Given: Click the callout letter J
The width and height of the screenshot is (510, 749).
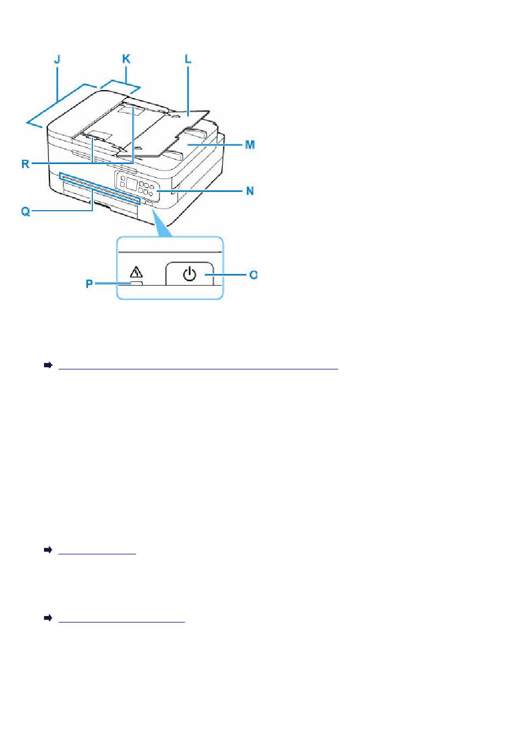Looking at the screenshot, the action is pos(57,60).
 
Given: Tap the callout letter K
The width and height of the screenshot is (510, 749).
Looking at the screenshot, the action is pos(126,59).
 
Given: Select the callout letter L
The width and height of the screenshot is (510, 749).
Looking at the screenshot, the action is pos(188,59).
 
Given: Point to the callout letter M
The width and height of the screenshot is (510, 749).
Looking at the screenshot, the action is pos(250,144).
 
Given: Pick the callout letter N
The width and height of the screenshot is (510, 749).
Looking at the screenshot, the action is pos(250,191).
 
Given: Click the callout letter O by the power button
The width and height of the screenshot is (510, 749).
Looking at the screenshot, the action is pos(253,275).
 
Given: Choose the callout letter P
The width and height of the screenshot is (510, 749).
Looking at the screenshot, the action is pos(89,284).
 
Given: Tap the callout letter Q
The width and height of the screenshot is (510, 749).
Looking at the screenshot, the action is pos(25,211).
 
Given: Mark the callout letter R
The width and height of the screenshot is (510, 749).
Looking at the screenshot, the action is pos(25,164).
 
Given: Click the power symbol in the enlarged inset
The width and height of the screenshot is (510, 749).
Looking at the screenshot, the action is pos(189,274).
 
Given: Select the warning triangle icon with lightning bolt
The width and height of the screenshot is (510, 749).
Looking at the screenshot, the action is pos(136,272).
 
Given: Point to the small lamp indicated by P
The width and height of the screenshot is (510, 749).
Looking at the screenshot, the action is pos(136,283).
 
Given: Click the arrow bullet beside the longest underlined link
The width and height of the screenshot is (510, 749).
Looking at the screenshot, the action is pos(48,365).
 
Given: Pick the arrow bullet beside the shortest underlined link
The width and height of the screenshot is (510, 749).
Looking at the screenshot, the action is pos(48,550).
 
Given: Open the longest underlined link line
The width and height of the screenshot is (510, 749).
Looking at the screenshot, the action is pos(198,369).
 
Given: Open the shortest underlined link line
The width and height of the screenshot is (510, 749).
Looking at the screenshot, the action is pos(97,554).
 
